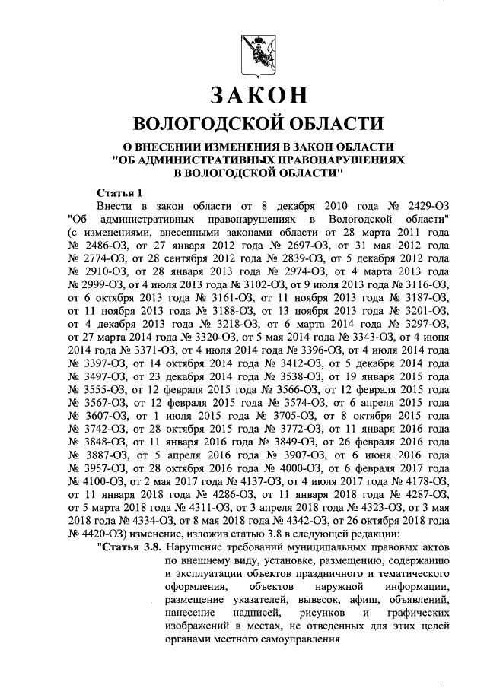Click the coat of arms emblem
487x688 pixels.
click(257, 52)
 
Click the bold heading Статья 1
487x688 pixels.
click(119, 192)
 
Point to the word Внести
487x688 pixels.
click(116, 206)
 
